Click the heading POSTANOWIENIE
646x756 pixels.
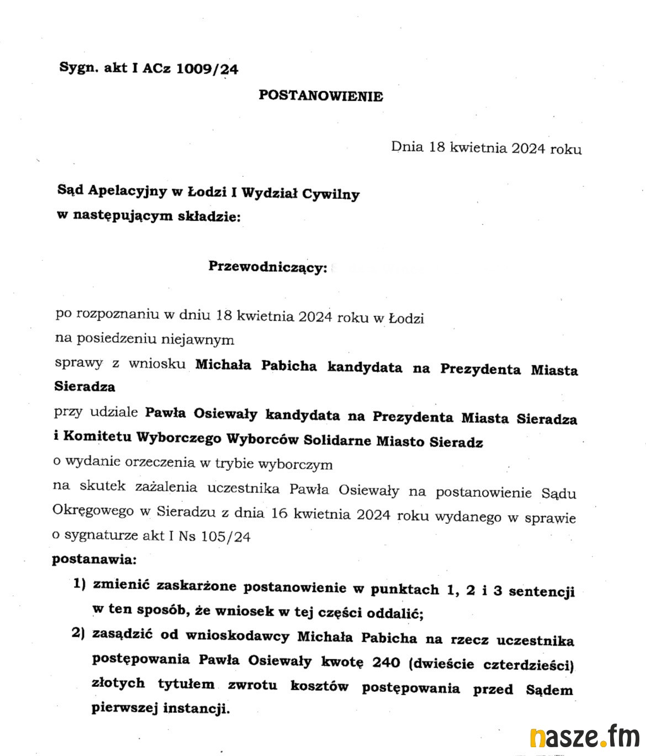[x=320, y=96]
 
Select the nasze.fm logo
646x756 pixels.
[x=584, y=737]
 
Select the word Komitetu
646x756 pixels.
[x=97, y=436]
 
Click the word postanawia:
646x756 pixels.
[x=94, y=559]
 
